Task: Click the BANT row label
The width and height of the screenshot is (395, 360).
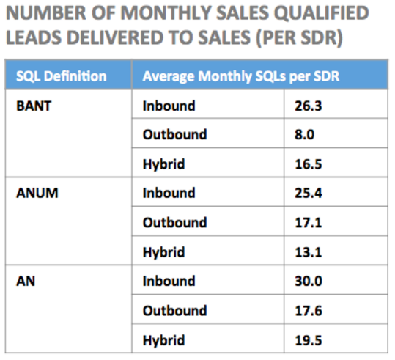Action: (32, 106)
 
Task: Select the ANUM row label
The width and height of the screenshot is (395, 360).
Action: (34, 194)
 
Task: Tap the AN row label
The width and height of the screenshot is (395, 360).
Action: (25, 282)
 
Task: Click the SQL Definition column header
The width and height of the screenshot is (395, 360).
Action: (61, 76)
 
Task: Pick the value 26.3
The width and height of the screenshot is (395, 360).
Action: (309, 106)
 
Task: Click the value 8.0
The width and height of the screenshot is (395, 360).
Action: (306, 135)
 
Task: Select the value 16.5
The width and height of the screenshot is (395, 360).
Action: (309, 164)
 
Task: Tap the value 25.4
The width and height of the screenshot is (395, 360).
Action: (309, 194)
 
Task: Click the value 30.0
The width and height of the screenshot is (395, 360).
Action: (309, 282)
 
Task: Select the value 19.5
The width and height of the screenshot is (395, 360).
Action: (309, 340)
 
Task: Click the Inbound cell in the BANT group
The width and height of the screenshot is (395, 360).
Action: (169, 106)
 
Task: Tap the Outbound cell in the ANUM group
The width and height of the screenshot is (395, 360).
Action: (174, 223)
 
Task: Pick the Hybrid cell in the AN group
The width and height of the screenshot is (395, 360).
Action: (163, 340)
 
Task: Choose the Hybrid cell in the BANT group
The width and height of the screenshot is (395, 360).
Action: (163, 164)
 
